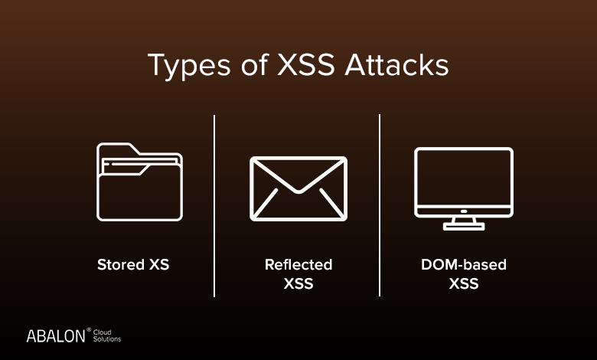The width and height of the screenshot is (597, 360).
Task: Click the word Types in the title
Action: pyautogui.click(x=189, y=66)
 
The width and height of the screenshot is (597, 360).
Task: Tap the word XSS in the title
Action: pyautogui.click(x=305, y=65)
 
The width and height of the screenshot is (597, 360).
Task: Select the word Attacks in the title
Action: pyautogui.click(x=396, y=65)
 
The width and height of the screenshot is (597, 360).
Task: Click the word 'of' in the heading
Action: pyautogui.click(x=255, y=65)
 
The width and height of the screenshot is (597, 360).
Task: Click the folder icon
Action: pyautogui.click(x=139, y=182)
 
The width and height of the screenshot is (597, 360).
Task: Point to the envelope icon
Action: pyautogui.click(x=298, y=188)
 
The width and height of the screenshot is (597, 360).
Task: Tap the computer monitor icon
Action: pyautogui.click(x=464, y=188)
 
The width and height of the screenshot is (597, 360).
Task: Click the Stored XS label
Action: pyautogui.click(x=133, y=264)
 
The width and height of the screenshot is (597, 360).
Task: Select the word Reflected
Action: pyautogui.click(x=298, y=264)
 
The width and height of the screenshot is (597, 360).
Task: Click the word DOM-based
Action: pyautogui.click(x=464, y=264)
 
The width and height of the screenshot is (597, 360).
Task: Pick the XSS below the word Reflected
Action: pyautogui.click(x=298, y=283)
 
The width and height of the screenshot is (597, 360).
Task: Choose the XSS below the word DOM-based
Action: pyautogui.click(x=464, y=283)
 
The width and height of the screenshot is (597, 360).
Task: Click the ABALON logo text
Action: pyautogui.click(x=56, y=336)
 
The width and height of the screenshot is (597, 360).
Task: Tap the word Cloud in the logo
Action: pyautogui.click(x=103, y=332)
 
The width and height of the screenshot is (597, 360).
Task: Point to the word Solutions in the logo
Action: pyautogui.click(x=107, y=339)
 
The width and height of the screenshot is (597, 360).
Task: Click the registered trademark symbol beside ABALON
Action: pyautogui.click(x=89, y=329)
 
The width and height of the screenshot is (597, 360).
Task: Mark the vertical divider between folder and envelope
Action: pyautogui.click(x=214, y=206)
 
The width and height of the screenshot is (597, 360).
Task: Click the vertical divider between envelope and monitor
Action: pyautogui.click(x=380, y=205)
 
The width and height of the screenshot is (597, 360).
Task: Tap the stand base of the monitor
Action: pyautogui.click(x=464, y=227)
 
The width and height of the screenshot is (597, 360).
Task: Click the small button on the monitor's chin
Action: pyautogui.click(x=464, y=211)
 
